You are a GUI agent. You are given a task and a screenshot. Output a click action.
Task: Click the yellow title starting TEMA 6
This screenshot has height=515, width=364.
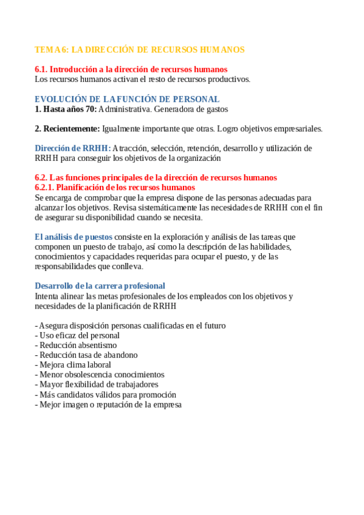click(x=140, y=50)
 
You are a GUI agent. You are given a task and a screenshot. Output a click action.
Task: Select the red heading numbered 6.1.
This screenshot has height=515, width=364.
click(x=131, y=69)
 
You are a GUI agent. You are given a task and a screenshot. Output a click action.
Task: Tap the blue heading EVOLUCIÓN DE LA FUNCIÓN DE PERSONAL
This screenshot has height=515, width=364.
click(x=127, y=99)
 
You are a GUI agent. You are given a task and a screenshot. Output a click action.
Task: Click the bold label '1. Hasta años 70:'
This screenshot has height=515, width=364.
click(x=66, y=109)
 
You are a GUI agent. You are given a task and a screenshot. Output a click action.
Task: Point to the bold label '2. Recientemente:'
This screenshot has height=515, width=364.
click(x=67, y=129)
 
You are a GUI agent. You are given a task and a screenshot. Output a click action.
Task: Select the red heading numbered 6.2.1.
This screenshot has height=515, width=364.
click(x=114, y=188)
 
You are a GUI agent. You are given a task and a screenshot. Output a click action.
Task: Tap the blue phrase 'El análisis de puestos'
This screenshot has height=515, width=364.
click(x=74, y=237)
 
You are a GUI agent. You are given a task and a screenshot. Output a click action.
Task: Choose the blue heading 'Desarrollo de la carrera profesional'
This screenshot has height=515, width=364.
click(x=100, y=286)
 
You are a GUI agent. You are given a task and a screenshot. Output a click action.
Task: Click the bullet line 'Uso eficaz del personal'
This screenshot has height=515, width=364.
click(x=79, y=335)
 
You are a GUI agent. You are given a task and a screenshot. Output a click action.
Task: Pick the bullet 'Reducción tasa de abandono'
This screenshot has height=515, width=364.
click(x=88, y=355)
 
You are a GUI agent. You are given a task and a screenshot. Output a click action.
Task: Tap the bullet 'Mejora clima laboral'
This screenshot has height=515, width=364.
click(x=75, y=365)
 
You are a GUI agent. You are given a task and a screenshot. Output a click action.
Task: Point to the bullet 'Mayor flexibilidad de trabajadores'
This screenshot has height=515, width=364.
click(x=98, y=384)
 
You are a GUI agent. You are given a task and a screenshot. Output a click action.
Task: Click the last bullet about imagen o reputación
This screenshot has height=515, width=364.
click(x=110, y=404)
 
